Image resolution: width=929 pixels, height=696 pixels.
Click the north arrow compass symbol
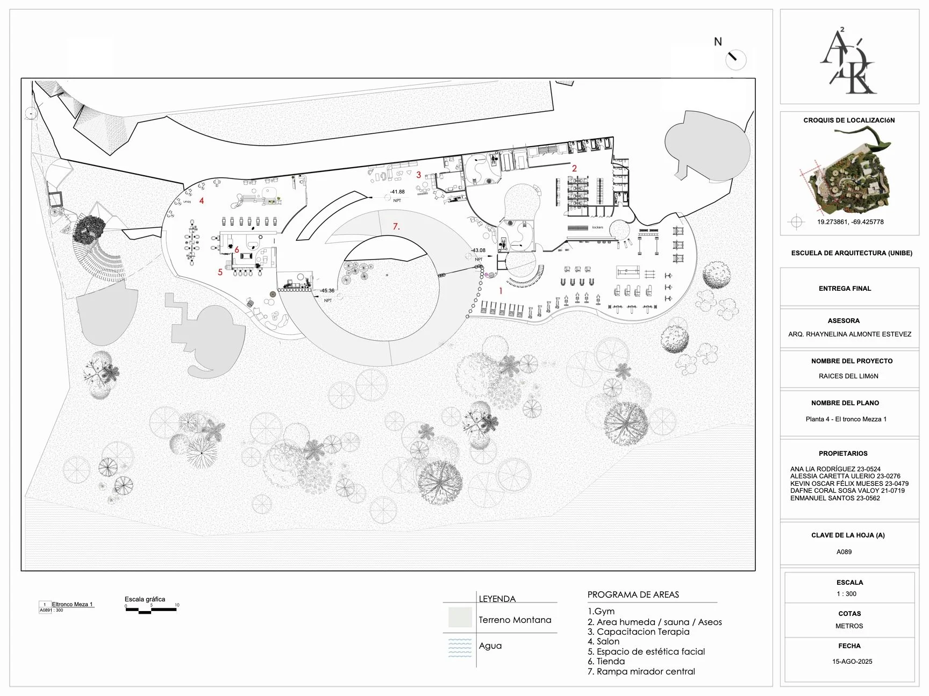[735, 59]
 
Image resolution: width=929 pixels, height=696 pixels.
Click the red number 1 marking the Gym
[501, 291]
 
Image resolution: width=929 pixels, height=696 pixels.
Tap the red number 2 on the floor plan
[574, 168]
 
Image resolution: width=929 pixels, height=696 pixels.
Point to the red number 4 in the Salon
[202, 200]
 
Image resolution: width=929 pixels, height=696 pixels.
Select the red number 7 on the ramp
[396, 226]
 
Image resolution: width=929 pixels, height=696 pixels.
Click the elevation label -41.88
[398, 192]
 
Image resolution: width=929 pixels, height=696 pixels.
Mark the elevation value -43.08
[478, 250]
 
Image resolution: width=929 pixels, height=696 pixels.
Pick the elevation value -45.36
[327, 291]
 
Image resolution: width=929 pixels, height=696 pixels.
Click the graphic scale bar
[151, 609]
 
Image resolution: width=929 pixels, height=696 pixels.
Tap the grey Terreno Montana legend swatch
[460, 618]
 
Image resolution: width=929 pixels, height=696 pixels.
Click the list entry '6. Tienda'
[606, 661]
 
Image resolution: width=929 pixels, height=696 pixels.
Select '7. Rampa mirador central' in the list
[641, 671]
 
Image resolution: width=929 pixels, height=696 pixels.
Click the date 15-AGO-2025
[852, 662]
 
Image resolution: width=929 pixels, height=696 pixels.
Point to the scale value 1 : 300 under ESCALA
[846, 594]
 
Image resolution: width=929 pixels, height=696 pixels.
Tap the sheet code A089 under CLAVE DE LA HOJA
[844, 551]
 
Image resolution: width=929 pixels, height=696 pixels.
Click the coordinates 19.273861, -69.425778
[850, 222]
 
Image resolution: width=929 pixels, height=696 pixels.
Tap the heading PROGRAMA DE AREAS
[633, 594]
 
